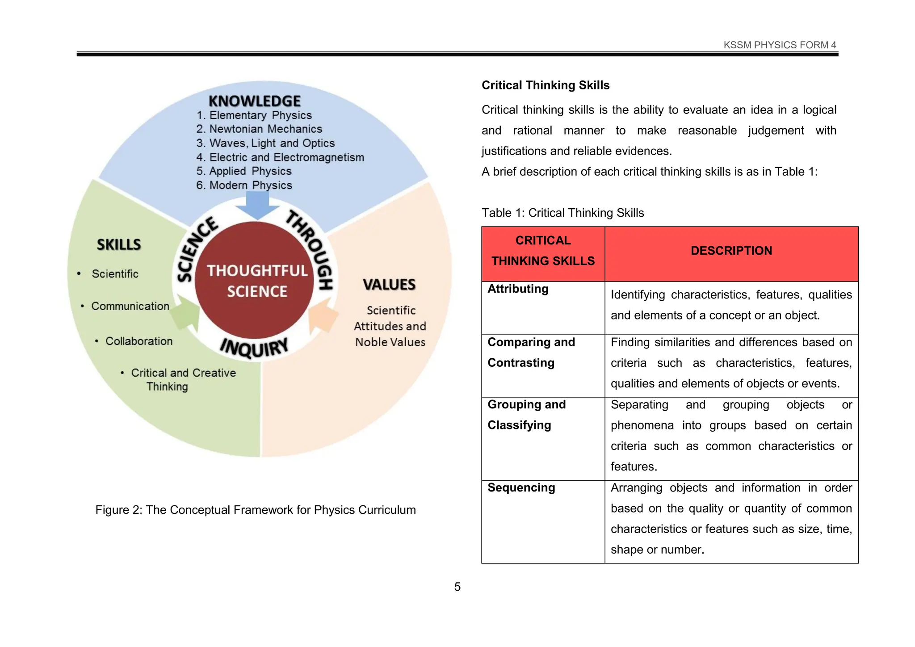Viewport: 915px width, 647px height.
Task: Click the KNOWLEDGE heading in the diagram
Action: pyautogui.click(x=255, y=101)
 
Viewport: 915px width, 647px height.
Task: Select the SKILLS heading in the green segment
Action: pyautogui.click(x=119, y=244)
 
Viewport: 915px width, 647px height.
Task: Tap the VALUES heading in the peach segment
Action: pyautogui.click(x=389, y=285)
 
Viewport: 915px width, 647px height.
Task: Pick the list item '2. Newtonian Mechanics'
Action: pyautogui.click(x=259, y=129)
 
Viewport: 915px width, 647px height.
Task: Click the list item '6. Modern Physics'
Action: pyautogui.click(x=244, y=185)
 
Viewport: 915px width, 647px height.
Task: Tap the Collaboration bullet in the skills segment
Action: pyautogui.click(x=139, y=341)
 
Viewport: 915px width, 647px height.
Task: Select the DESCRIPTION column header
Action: pyautogui.click(x=731, y=251)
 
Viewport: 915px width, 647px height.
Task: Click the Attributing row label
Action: pyautogui.click(x=518, y=289)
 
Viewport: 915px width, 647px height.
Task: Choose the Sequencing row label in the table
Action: pyautogui.click(x=521, y=487)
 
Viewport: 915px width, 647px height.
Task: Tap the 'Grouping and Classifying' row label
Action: pyautogui.click(x=526, y=415)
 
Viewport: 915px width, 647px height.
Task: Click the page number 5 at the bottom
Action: pyautogui.click(x=457, y=587)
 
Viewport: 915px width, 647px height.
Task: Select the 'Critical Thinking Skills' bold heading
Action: pyautogui.click(x=546, y=85)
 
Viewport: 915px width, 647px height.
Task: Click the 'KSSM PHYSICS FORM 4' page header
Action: pyautogui.click(x=780, y=45)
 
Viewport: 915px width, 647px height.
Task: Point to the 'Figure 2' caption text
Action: pyautogui.click(x=256, y=510)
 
